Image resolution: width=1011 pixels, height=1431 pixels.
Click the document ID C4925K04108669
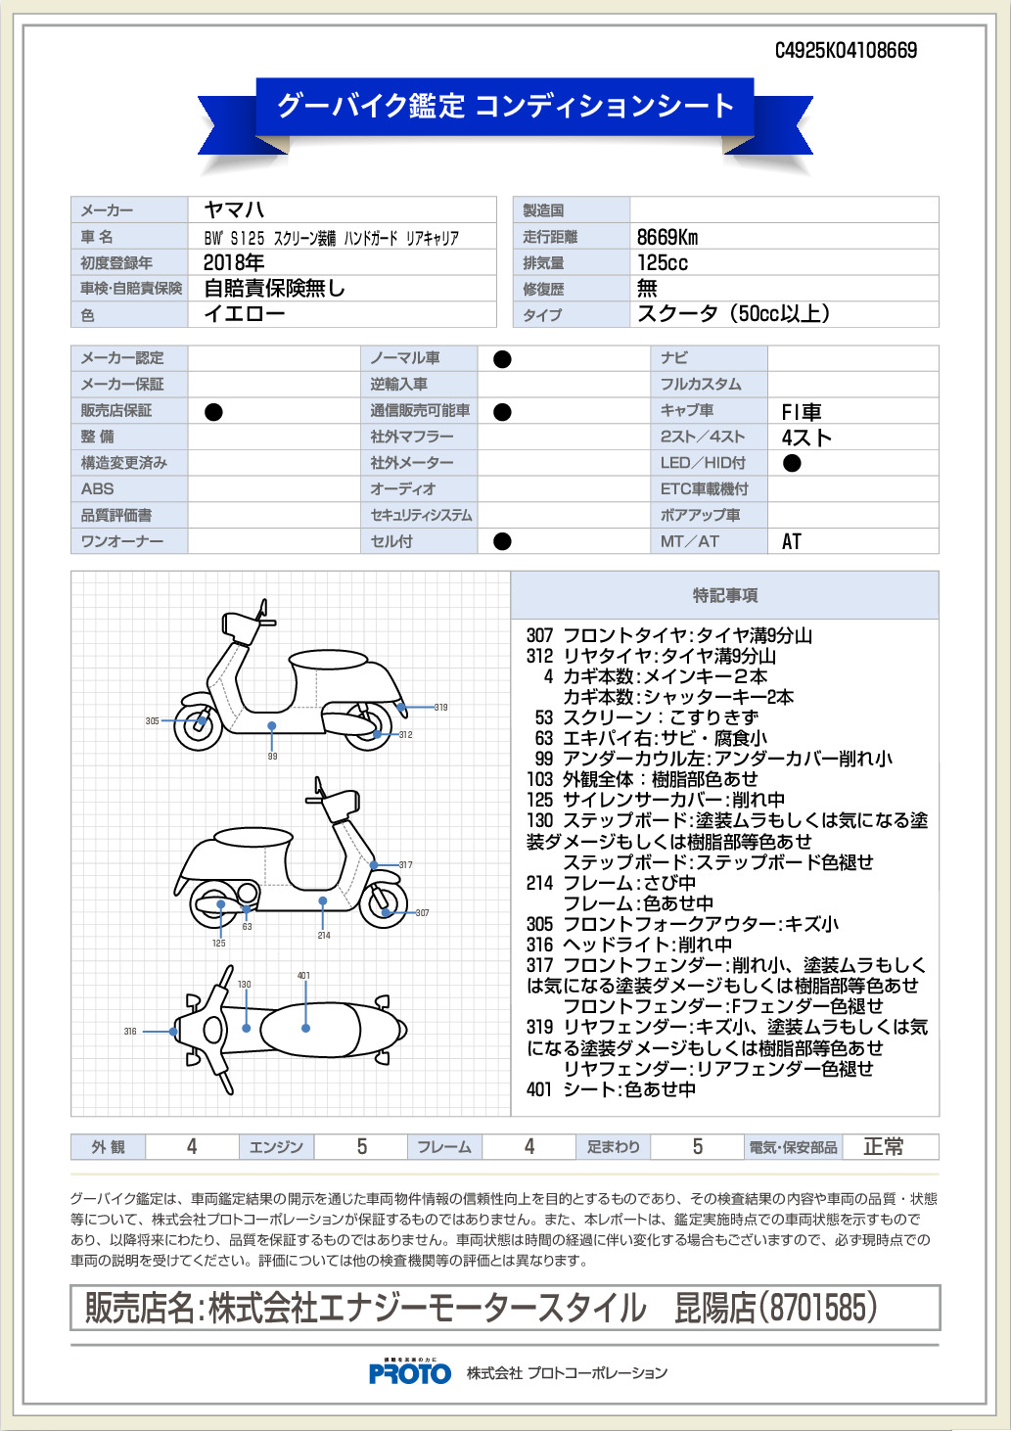coord(846,50)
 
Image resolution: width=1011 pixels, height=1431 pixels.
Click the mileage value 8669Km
coord(667,237)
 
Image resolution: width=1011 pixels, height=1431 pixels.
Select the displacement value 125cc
coord(663,262)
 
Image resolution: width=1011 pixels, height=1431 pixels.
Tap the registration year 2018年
coord(234,262)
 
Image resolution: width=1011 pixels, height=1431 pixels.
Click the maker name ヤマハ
coord(234,209)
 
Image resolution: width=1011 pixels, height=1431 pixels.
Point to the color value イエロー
coord(244,314)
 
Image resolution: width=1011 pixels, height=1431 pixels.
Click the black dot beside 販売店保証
coord(213,412)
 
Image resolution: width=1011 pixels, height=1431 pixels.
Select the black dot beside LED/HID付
coord(792,463)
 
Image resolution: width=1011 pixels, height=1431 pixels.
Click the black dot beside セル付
coord(502,541)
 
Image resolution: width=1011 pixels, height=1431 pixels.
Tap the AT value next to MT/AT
coord(792,541)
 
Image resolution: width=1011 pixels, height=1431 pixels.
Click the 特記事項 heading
coord(725,595)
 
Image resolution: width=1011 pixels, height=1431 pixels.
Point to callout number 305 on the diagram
coord(152,721)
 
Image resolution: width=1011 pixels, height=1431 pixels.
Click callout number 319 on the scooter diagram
coord(441,707)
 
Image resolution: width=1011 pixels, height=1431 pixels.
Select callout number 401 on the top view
coord(304,976)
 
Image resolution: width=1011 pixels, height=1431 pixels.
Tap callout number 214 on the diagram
coord(324,936)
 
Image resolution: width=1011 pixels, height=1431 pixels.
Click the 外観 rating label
coord(108,1147)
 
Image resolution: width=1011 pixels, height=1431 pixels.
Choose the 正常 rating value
coord(884,1147)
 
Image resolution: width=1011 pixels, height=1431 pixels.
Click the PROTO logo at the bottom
coord(410,1372)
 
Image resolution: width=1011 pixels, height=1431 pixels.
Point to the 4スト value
coord(806,438)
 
